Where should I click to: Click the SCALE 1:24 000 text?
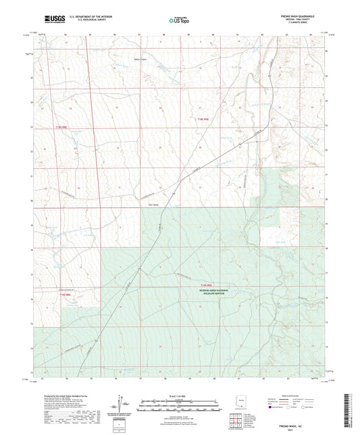pyautogui.click(x=179, y=395)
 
